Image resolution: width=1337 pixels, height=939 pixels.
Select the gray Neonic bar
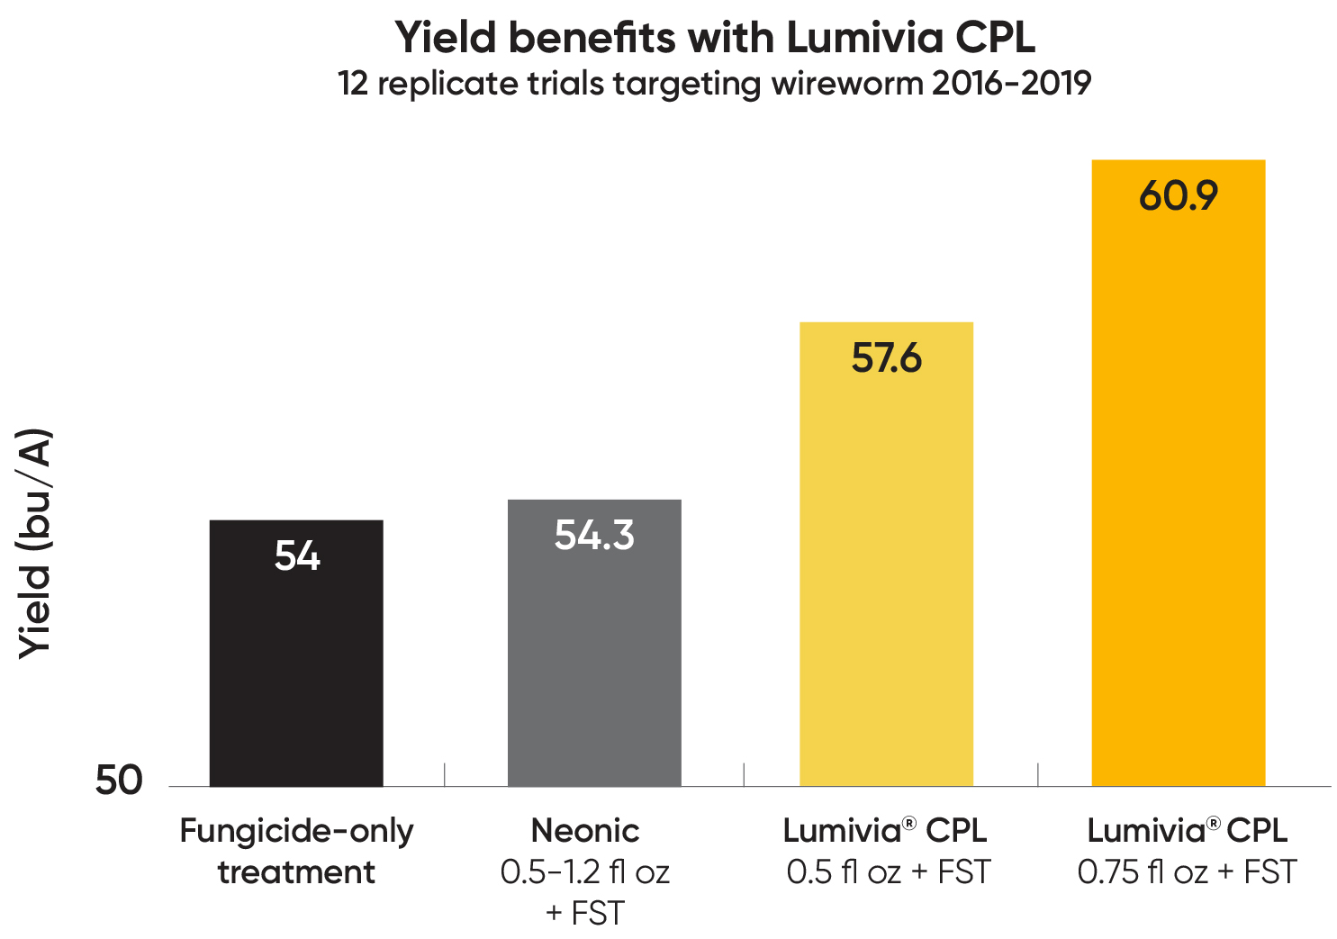[x=594, y=666]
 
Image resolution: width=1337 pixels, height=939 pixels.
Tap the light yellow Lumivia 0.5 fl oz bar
[x=886, y=576]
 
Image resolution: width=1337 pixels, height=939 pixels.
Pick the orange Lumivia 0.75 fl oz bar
[x=1178, y=504]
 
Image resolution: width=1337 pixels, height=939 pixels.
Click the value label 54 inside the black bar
[x=297, y=555]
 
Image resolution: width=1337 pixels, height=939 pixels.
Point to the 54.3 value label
[x=594, y=536]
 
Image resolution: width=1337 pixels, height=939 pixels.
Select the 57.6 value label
[x=887, y=358]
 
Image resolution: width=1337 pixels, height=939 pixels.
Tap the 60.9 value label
[x=1179, y=196]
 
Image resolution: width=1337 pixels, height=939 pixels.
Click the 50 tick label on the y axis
[x=119, y=781]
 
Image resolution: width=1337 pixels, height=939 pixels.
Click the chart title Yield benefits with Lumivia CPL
[x=715, y=38]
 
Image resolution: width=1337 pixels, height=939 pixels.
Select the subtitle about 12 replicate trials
[x=715, y=84]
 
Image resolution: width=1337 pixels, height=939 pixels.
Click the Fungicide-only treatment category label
[x=296, y=851]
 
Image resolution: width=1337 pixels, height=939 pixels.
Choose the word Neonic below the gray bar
[x=585, y=830]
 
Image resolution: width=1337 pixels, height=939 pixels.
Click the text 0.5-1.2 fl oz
[x=585, y=871]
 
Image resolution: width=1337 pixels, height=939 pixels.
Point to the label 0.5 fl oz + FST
[x=888, y=871]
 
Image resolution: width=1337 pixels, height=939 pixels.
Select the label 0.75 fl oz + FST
[x=1187, y=871]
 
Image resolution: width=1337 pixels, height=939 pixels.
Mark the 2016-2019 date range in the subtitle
[x=1011, y=84]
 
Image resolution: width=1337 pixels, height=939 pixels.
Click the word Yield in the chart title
[x=446, y=38]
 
